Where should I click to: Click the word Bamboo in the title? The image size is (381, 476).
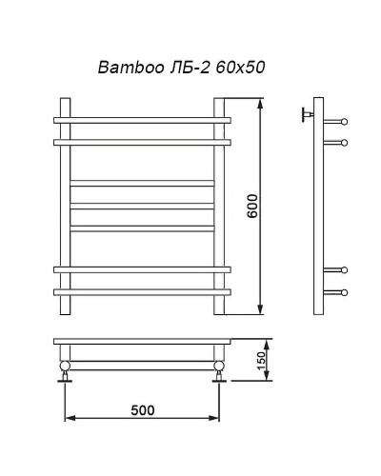tap(127, 69)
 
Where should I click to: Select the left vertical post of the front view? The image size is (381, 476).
tap(64, 205)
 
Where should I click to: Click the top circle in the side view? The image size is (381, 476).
tap(344, 121)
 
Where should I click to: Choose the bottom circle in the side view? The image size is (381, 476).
tap(344, 290)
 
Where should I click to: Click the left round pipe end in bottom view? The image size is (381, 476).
tap(65, 366)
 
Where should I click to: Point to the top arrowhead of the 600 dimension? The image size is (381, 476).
tap(260, 101)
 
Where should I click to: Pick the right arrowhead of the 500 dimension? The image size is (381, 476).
tap(216, 418)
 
